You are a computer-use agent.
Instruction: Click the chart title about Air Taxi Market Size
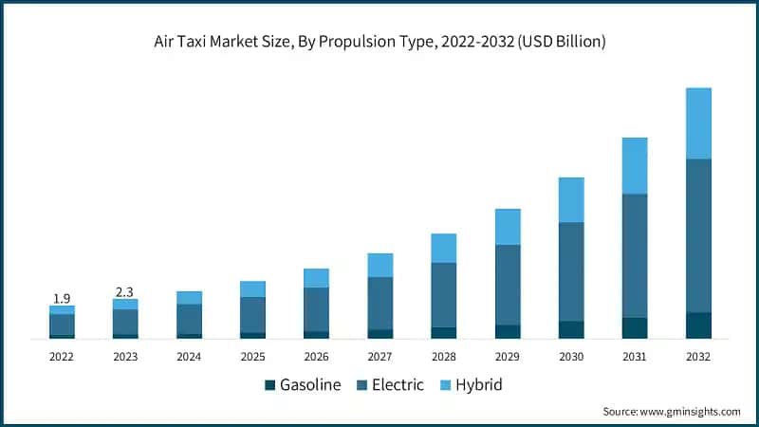pyautogui.click(x=379, y=42)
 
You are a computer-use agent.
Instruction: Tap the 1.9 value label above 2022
pyautogui.click(x=62, y=297)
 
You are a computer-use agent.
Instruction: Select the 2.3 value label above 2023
pyautogui.click(x=125, y=291)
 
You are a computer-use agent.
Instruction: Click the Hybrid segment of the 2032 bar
pyautogui.click(x=698, y=123)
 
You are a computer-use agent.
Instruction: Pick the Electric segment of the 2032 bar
pyautogui.click(x=698, y=235)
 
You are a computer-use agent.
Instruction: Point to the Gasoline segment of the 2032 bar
pyautogui.click(x=698, y=325)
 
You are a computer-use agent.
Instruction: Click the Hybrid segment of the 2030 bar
pyautogui.click(x=571, y=200)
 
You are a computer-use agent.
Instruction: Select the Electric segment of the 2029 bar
pyautogui.click(x=508, y=285)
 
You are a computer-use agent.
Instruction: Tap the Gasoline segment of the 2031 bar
pyautogui.click(x=635, y=327)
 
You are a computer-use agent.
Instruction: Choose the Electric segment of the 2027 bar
pyautogui.click(x=380, y=303)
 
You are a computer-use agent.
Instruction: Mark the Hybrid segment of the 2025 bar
pyautogui.click(x=252, y=288)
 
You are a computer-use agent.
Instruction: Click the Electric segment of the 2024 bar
pyautogui.click(x=189, y=319)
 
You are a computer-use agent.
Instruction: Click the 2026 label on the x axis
pyautogui.click(x=316, y=357)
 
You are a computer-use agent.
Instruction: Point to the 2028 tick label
pyautogui.click(x=444, y=357)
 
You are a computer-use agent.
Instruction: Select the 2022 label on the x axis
pyautogui.click(x=62, y=357)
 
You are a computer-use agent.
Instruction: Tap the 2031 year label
pyautogui.click(x=635, y=357)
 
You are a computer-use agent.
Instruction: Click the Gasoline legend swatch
pyautogui.click(x=269, y=385)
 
